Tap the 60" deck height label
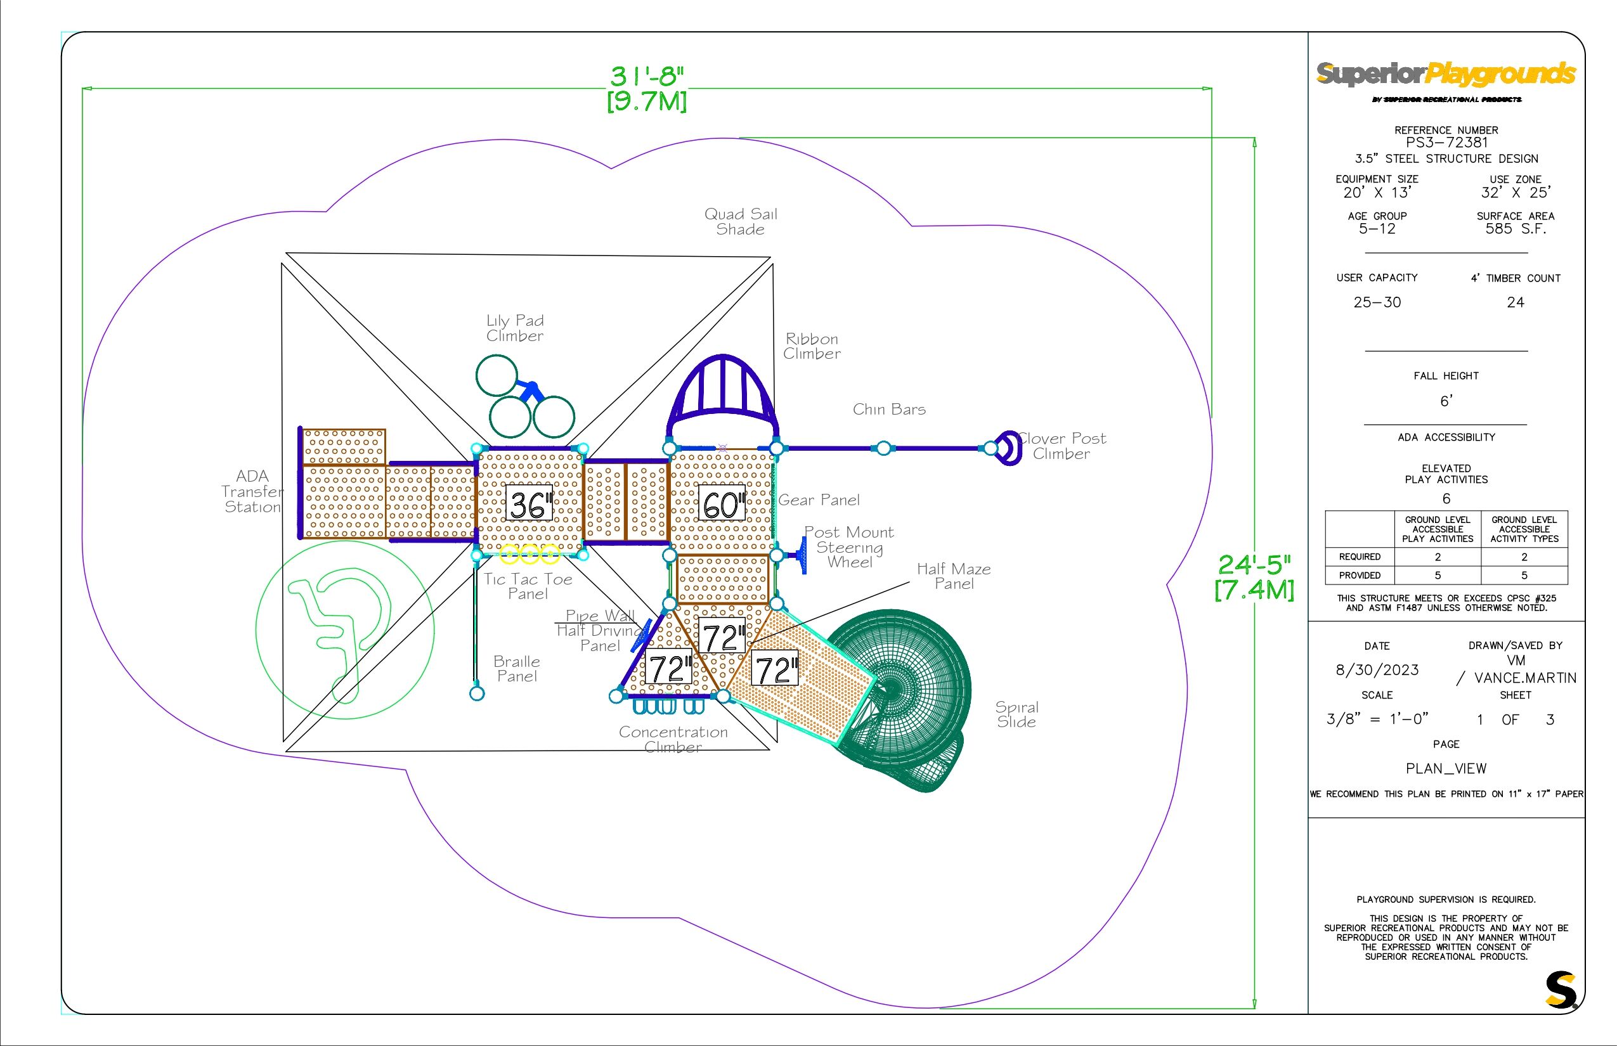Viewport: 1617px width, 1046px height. (x=722, y=505)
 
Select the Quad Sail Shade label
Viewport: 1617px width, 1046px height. (x=741, y=221)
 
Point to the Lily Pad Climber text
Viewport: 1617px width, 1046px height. (x=515, y=328)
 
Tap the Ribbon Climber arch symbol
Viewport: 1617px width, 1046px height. (x=722, y=394)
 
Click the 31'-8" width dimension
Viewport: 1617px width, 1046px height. (x=647, y=88)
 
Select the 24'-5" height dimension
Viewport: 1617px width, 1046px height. (x=1254, y=577)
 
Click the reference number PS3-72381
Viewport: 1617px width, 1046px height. (x=1446, y=143)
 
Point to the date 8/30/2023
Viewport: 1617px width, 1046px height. (x=1377, y=669)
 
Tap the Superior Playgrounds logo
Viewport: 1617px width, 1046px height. (x=1446, y=75)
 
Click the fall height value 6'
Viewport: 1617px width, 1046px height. (x=1446, y=401)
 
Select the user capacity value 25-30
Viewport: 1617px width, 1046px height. (x=1377, y=302)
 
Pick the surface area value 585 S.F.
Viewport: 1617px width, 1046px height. (x=1515, y=229)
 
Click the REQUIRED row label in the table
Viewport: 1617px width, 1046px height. (x=1360, y=557)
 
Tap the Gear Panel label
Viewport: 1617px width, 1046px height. (x=819, y=501)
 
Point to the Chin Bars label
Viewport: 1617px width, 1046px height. (x=888, y=410)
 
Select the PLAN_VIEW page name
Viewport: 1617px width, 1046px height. (x=1446, y=768)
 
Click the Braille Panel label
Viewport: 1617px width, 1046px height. (x=517, y=668)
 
